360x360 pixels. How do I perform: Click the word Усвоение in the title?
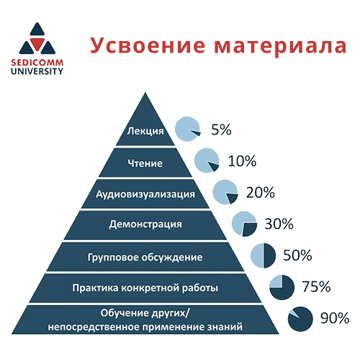(x=148, y=46)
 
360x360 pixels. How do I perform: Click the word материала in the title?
(x=280, y=45)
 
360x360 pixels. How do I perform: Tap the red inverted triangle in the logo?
(x=37, y=44)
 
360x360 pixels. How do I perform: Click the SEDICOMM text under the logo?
(x=37, y=63)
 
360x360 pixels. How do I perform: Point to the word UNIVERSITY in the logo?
(x=37, y=71)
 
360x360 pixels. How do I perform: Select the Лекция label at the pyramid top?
(x=145, y=131)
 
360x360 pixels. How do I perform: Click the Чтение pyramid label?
(x=145, y=163)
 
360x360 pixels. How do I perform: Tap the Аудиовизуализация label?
(x=145, y=194)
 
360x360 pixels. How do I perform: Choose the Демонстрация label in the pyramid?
(x=145, y=225)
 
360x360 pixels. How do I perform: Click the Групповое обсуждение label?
(x=145, y=257)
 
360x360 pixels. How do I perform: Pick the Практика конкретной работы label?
(x=145, y=287)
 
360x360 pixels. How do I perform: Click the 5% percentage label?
(x=221, y=130)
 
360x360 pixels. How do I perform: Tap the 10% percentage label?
(x=242, y=161)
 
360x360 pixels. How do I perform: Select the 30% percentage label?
(x=279, y=224)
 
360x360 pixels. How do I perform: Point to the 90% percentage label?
(x=335, y=318)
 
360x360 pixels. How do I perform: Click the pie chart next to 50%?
(x=264, y=256)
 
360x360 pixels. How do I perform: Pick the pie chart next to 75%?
(x=282, y=287)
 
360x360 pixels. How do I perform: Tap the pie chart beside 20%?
(x=225, y=192)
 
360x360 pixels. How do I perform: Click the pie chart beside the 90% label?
(x=300, y=319)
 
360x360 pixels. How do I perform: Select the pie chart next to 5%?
(x=188, y=129)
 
